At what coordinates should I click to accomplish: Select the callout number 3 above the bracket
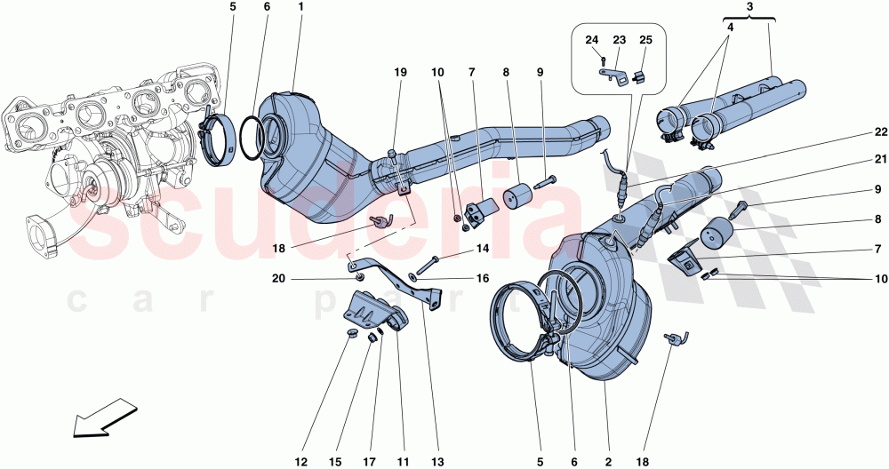point(750,7)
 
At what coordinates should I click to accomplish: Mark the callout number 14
point(482,249)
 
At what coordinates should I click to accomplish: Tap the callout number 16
point(482,278)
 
